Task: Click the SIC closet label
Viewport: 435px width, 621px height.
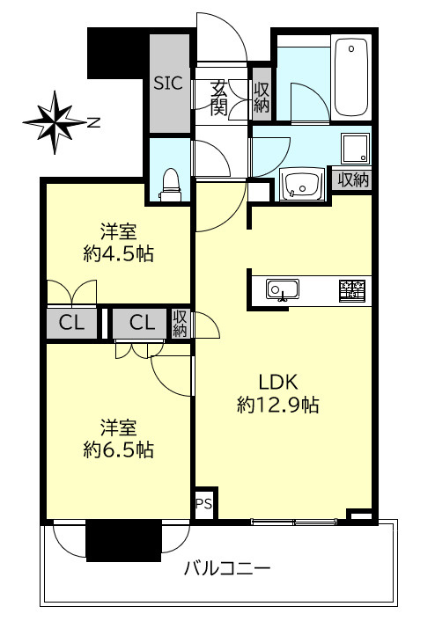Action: pos(168,84)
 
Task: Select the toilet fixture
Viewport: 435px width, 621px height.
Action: pos(171,185)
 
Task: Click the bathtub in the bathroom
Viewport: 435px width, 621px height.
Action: pos(351,77)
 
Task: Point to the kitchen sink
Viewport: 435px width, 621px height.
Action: pos(283,290)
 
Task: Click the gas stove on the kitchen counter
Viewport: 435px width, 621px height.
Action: pos(352,291)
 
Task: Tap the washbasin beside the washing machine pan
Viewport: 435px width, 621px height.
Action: pos(302,183)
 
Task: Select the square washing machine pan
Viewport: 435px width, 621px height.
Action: pos(355,149)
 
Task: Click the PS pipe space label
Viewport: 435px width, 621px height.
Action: pos(204,505)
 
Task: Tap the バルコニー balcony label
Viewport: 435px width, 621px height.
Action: pos(227,569)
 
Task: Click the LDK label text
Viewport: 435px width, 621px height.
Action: pos(278,383)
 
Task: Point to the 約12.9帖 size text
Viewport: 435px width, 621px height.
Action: pos(278,405)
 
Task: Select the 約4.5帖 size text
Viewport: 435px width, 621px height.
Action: pos(119,253)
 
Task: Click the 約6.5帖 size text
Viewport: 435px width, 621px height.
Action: pos(119,449)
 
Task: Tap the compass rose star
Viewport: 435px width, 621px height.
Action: pos(55,122)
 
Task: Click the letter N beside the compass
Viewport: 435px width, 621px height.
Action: pos(93,123)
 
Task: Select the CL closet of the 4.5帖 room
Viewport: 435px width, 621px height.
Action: pos(72,324)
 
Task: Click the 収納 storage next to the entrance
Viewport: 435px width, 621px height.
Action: pos(262,97)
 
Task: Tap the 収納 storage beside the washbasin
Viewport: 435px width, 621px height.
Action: pos(352,180)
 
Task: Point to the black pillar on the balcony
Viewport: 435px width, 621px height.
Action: pos(124,540)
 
